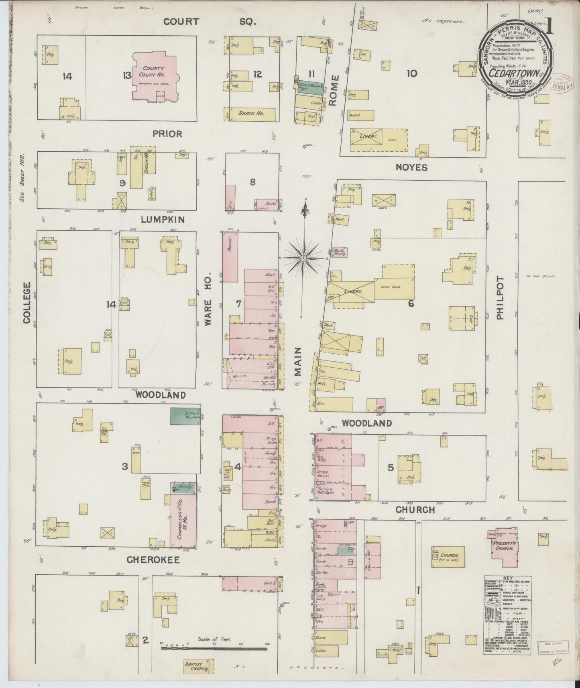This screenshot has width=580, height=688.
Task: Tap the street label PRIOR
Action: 168,134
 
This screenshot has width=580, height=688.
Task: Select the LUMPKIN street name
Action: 163,219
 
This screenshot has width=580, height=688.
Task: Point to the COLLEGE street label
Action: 27,302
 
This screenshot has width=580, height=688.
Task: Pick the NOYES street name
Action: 411,167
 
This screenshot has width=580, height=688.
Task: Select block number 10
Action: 411,73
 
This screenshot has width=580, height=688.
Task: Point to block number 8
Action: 252,182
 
